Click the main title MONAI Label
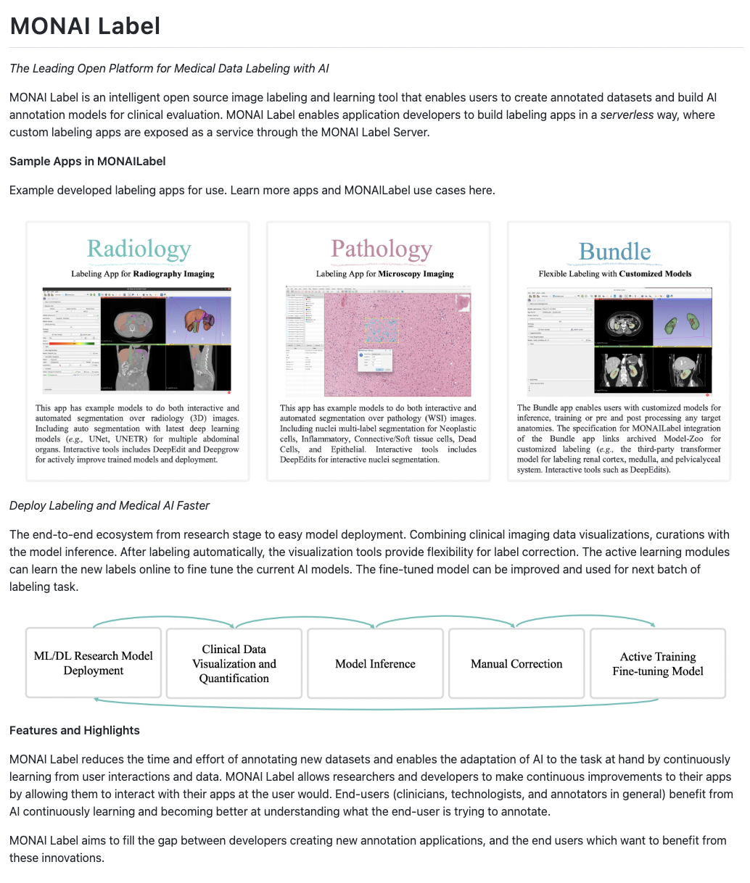85,26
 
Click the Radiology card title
139,249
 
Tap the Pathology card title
382,249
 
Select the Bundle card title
614,252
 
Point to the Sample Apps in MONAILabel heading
88,161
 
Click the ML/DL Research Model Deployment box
94,663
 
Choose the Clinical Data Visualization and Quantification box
234,663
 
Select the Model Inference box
375,663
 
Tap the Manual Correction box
516,663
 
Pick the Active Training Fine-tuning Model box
658,663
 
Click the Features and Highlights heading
75,730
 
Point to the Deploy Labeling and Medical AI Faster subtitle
110,505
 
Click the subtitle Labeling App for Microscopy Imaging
384,274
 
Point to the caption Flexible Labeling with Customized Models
615,274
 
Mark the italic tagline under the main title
169,68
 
